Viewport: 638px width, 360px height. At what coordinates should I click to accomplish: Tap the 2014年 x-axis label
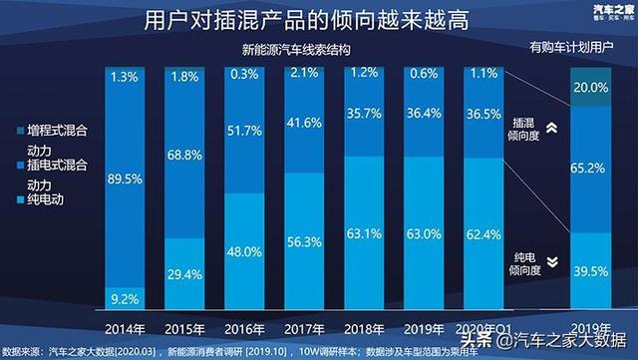click(127, 328)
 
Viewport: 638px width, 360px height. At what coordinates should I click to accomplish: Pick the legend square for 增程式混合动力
click(17, 132)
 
